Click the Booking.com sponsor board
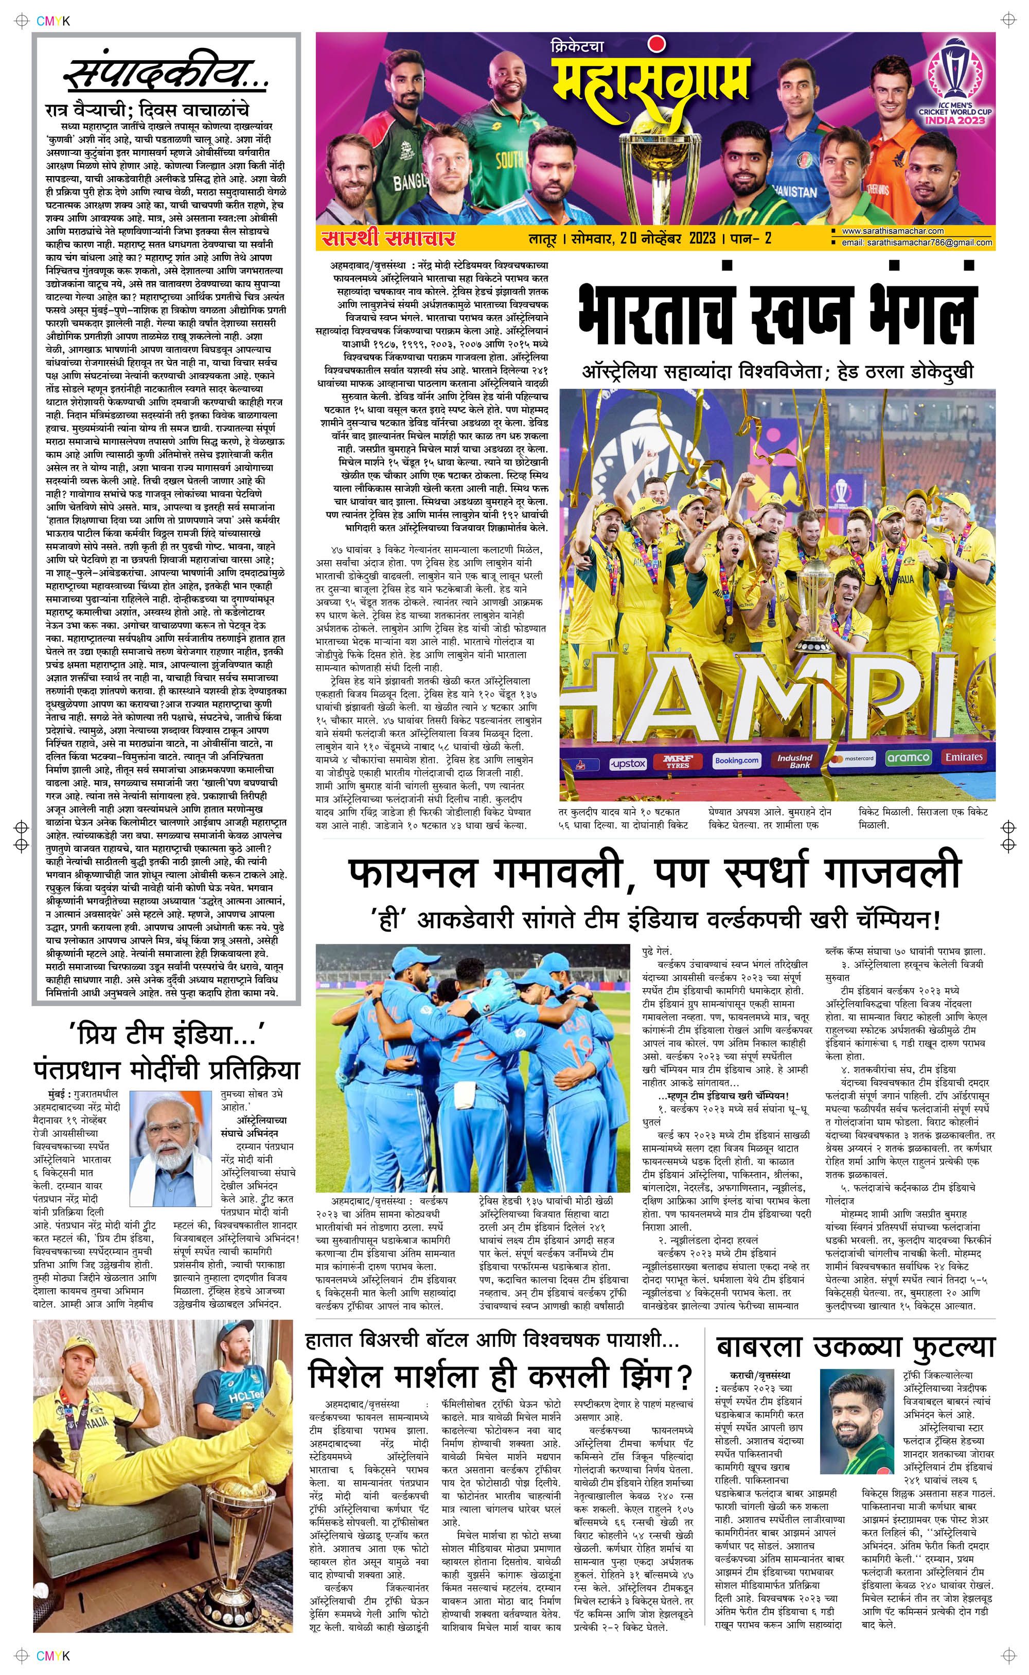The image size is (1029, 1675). [736, 761]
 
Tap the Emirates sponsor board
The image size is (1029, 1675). [964, 756]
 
